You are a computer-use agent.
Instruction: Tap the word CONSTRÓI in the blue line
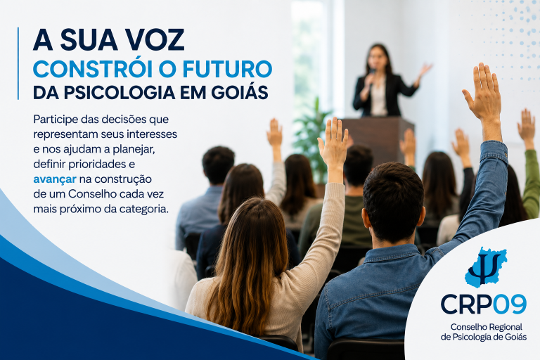(92, 69)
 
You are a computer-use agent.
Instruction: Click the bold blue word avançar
(55, 179)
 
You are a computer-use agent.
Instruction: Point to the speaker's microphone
(371, 77)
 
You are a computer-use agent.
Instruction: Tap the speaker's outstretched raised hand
(425, 70)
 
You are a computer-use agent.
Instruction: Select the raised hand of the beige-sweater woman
(333, 143)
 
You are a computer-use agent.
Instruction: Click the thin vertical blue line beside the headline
(18, 63)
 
